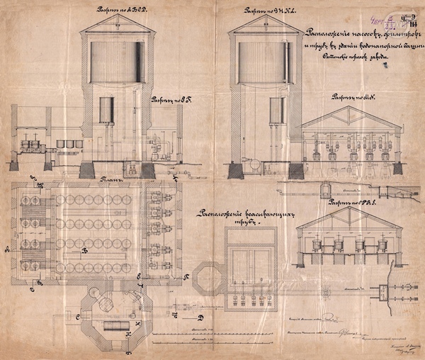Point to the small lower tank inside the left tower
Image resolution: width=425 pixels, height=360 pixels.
(x=106, y=111)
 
